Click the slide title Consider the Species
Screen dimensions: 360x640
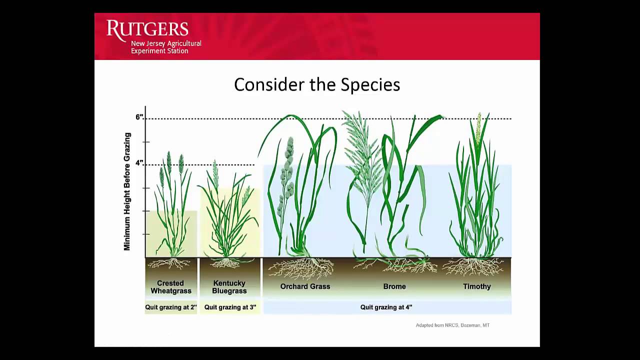coord(317,84)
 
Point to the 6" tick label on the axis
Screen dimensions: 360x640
coord(139,117)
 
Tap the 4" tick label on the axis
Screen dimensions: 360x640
coord(139,163)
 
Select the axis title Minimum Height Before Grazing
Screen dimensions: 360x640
coord(127,191)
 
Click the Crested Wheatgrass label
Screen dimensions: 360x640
coord(170,287)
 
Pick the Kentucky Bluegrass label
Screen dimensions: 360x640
coord(229,287)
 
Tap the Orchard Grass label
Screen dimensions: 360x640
coord(305,286)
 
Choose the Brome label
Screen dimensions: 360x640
coord(394,286)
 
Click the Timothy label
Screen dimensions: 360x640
coord(476,286)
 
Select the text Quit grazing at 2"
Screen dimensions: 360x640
coord(170,307)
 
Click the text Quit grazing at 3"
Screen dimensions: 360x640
coord(230,307)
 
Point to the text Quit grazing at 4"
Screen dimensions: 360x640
coord(386,307)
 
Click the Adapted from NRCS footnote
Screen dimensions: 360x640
coord(452,325)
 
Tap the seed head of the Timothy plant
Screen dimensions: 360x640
coord(478,128)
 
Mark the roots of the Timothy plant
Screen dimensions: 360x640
coord(472,267)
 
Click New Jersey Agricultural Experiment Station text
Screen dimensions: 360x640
coord(166,47)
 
